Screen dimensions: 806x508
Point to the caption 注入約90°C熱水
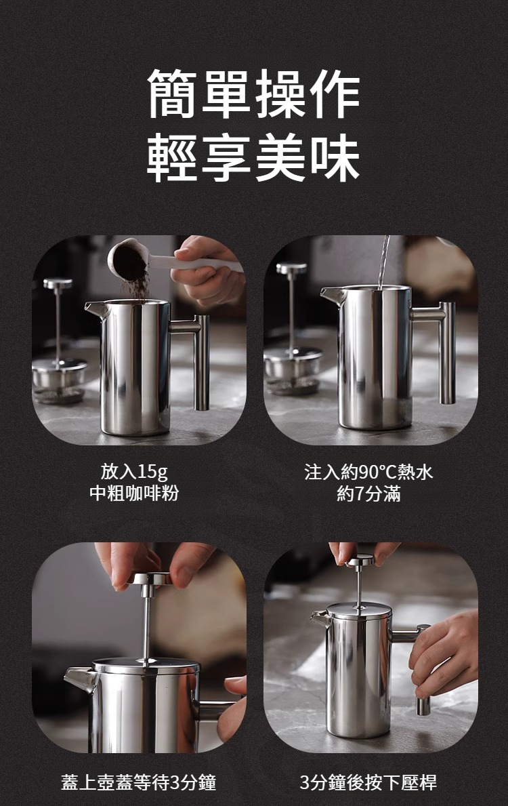coord(369,472)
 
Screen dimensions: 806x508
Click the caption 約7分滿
coord(369,493)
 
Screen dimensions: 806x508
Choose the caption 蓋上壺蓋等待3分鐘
coord(138,783)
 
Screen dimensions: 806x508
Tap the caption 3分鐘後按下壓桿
coord(369,783)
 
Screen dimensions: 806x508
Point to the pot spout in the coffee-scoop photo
coord(95,309)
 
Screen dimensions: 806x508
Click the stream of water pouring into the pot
coord(384,261)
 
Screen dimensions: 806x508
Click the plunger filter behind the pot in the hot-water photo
coord(293,366)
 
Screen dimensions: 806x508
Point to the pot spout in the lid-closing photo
coord(79,678)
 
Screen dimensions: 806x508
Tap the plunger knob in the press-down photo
coord(360,560)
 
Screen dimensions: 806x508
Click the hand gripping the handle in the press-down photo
coord(444,651)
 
